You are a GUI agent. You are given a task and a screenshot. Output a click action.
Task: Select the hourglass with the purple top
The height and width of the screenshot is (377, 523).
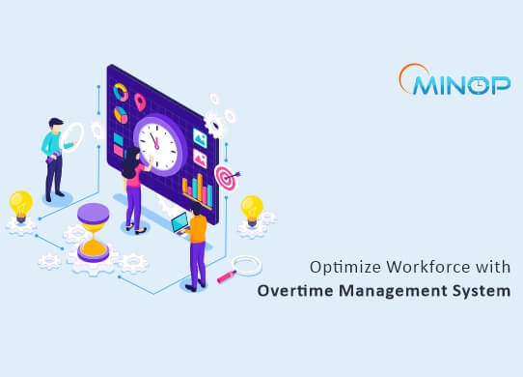94,231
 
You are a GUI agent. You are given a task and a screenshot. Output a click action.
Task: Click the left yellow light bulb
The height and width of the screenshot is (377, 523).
20,206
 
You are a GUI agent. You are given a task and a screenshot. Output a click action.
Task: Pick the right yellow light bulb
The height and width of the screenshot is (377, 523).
251,209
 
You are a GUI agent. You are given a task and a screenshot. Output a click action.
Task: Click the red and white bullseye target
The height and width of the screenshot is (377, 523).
224,180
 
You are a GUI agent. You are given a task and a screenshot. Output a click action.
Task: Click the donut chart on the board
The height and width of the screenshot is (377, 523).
121,91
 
